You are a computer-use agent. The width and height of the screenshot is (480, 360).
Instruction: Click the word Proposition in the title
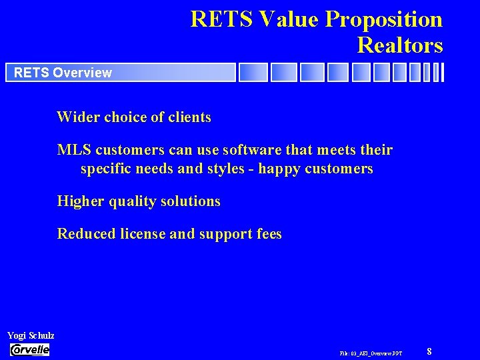(x=384, y=20)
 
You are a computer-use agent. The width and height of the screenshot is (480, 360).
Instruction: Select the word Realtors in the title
(x=400, y=45)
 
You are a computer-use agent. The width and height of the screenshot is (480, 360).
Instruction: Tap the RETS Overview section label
(x=63, y=73)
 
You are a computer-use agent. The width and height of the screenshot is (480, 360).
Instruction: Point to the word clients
(x=189, y=117)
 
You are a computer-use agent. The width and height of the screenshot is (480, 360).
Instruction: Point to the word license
(x=139, y=234)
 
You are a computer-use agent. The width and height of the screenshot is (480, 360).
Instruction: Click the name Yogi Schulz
(x=31, y=335)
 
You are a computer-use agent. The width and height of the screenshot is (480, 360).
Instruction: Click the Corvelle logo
(x=29, y=350)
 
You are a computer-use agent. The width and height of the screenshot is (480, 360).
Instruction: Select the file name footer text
(x=371, y=352)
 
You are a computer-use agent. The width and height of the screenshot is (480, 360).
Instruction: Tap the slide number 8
(x=429, y=351)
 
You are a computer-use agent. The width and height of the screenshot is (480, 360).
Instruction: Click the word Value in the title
(x=291, y=20)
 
